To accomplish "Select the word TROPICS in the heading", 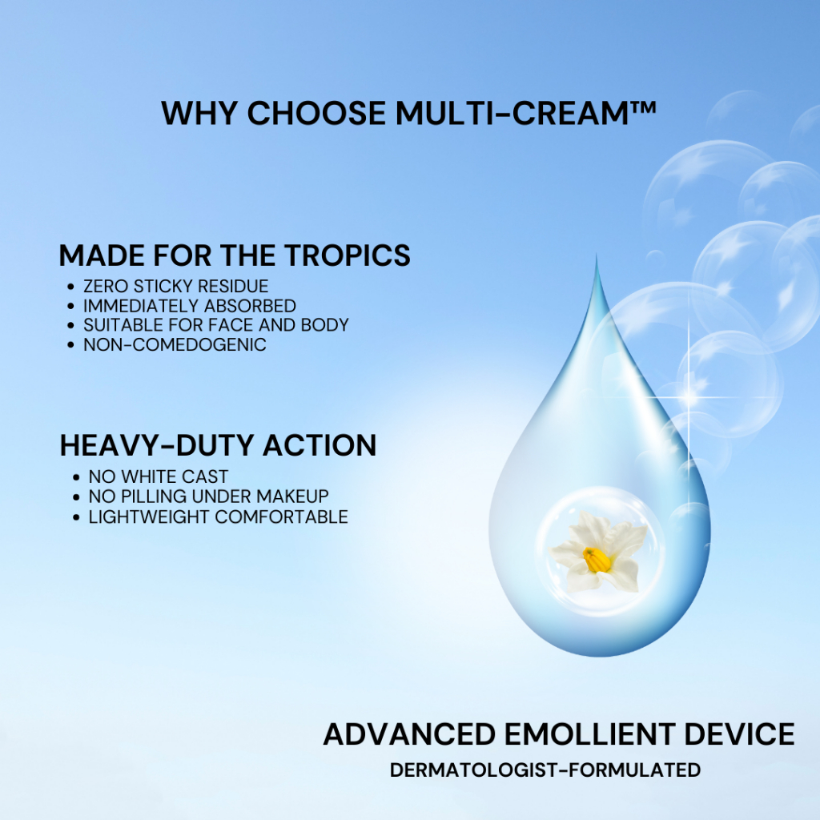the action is (348, 255).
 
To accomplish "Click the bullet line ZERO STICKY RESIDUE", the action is (175, 286).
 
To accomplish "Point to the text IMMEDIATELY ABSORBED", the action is (190, 305).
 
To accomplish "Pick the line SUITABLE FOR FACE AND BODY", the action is (216, 325).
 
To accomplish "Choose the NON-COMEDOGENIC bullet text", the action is (175, 344).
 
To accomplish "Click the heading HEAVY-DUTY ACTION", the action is (218, 445).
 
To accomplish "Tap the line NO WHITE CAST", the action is (159, 476).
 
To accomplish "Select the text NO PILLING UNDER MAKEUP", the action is (209, 496).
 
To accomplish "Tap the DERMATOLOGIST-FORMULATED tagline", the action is (545, 770).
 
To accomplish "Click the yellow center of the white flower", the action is (597, 560).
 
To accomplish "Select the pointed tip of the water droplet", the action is (597, 256).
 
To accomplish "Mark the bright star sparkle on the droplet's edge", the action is (689, 397).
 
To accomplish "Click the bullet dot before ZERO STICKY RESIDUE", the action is (71, 287).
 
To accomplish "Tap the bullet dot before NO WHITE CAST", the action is (76, 477).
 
